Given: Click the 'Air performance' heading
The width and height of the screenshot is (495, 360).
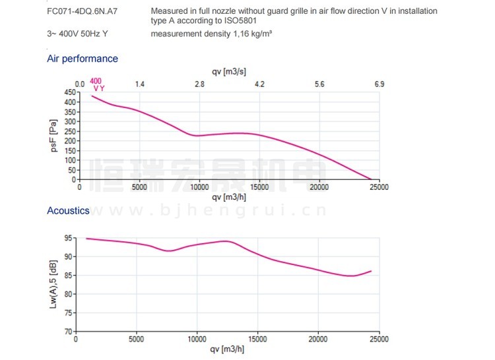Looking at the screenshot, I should pos(82,59).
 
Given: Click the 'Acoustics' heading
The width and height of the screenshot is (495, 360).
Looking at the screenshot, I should pos(68,211).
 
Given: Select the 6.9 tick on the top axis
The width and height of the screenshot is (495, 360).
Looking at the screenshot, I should pos(379,84).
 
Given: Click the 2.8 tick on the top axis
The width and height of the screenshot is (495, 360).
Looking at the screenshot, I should pos(199,84).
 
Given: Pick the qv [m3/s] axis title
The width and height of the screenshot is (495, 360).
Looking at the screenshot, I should pos(229,71).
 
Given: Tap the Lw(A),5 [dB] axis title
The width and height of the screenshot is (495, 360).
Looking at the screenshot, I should pos(55,284).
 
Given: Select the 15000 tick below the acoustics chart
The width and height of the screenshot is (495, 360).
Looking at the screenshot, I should pos(258,339).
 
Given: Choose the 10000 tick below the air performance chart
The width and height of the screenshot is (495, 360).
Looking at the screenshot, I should pos(199,187).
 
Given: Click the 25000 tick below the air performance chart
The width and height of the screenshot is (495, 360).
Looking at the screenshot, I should pos(379,187).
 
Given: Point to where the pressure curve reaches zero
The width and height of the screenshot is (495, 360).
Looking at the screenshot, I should pos(371,179).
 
